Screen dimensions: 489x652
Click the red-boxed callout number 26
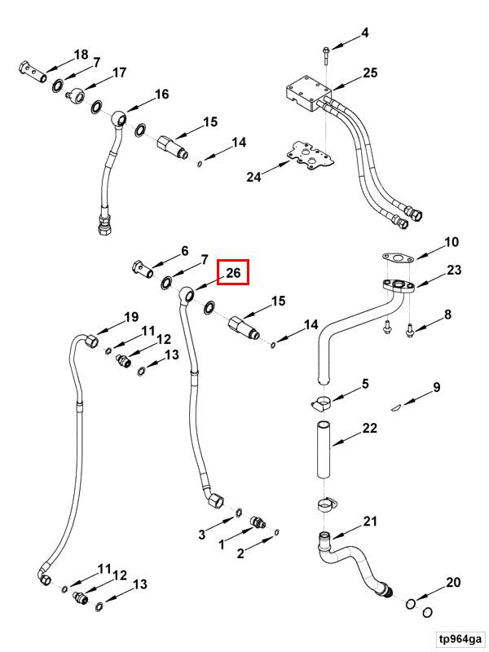pos(233,273)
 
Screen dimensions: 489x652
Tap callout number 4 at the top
pos(364,33)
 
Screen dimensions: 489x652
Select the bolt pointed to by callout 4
pos(325,55)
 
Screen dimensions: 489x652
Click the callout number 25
pos(370,73)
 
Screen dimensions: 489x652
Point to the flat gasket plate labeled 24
pos(311,155)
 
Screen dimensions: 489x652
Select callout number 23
pos(454,270)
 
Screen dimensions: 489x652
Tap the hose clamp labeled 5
pos(322,403)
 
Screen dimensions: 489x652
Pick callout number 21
pos(370,521)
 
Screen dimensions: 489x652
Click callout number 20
pos(453,582)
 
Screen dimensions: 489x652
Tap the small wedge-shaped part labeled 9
pos(396,407)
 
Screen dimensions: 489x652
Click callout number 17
pos(119,73)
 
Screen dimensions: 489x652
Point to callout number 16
pos(161,94)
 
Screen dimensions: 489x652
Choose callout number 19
pos(131,317)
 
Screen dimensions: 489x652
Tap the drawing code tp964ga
pos(460,638)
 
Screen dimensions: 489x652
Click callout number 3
pos(201,534)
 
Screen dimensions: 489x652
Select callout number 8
pos(447,314)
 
